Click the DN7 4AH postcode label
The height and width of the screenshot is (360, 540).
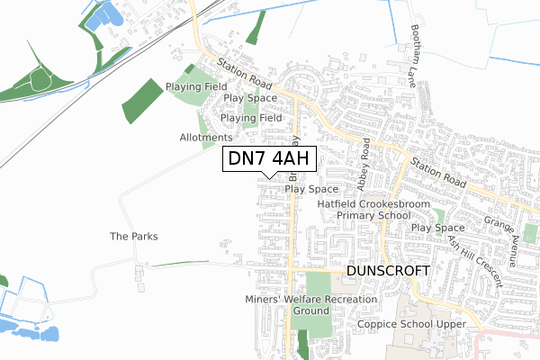[x=269, y=159]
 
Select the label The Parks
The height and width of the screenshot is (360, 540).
[x=134, y=237]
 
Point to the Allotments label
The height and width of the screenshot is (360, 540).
[x=206, y=137]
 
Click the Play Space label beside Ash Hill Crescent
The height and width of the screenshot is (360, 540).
[x=437, y=229]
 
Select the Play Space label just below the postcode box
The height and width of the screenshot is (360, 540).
[x=311, y=190]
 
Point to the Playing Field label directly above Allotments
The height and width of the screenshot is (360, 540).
[x=251, y=118]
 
